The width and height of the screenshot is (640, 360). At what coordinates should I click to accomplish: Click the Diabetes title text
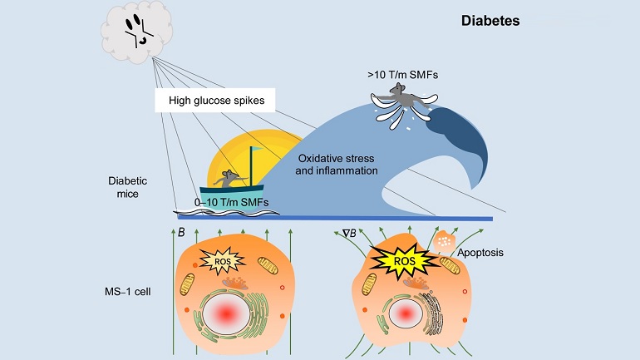[490, 21]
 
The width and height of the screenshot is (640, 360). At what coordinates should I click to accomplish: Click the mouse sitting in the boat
[229, 176]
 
